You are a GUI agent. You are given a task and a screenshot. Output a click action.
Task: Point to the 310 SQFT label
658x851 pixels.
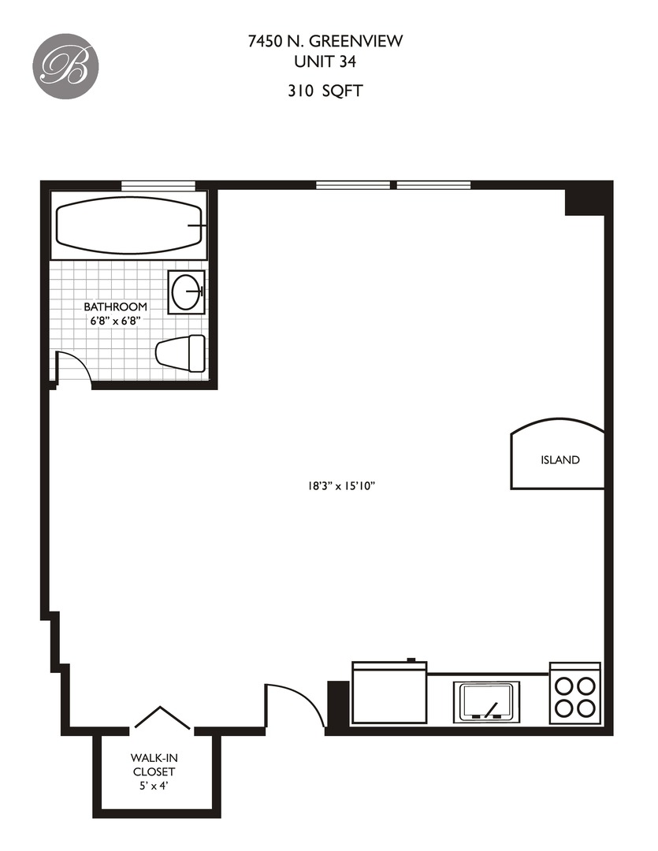point(324,91)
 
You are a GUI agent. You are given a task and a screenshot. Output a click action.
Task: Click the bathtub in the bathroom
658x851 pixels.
point(129,225)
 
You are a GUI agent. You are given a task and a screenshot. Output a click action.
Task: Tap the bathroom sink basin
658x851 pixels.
point(188,292)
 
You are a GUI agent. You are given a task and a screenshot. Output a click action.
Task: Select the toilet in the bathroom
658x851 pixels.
point(181,351)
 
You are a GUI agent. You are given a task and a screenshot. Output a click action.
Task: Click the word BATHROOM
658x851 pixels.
point(116,307)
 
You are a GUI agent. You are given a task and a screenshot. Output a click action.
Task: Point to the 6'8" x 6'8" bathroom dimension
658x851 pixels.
point(116,321)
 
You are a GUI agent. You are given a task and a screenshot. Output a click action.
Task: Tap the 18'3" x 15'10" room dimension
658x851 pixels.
point(340,486)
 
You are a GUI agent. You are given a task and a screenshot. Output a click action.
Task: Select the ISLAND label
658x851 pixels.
point(559,459)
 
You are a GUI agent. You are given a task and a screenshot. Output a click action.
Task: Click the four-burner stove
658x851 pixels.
point(574,694)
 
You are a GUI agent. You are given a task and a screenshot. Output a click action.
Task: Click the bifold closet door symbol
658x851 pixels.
point(162,718)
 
